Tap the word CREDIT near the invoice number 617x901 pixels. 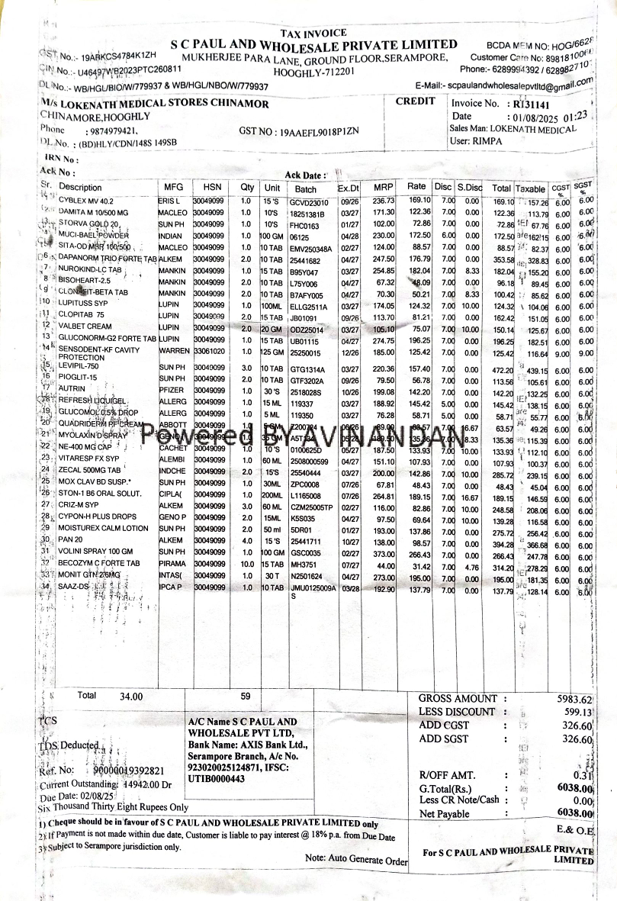tap(416, 101)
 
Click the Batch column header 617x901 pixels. tap(305, 188)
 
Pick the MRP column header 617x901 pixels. tap(383, 187)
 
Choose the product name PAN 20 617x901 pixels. tap(72, 539)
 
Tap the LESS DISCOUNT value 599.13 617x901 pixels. tap(577, 713)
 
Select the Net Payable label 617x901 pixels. tap(445, 814)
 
